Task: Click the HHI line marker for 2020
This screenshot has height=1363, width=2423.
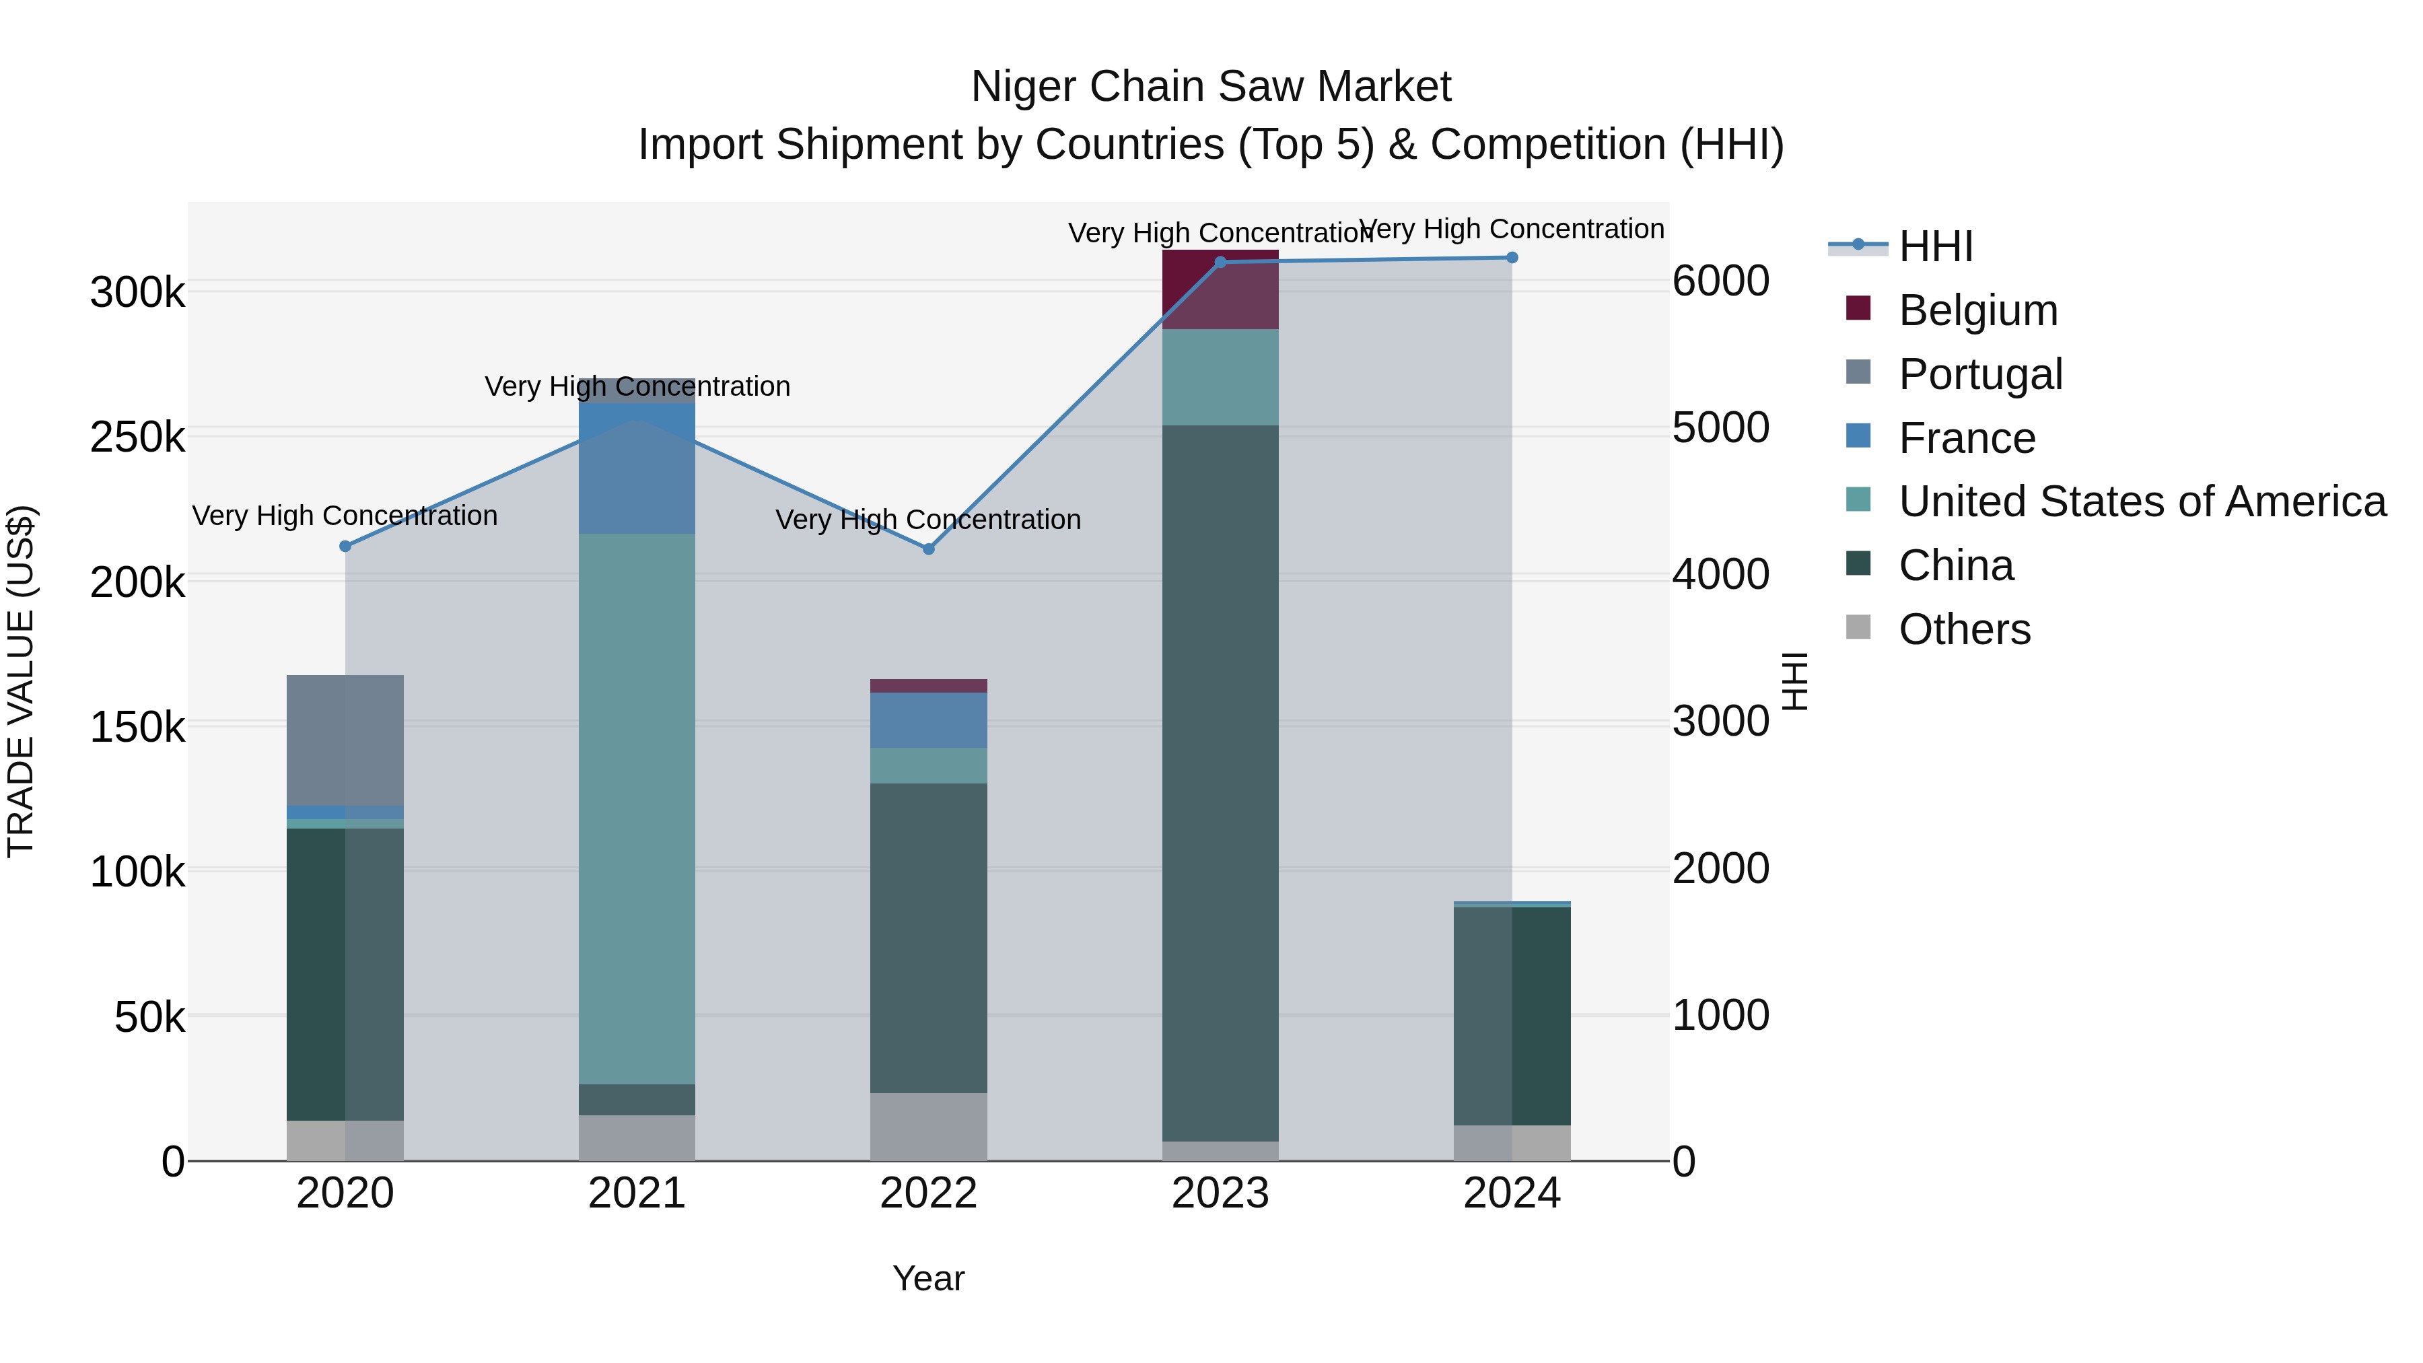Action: (x=345, y=547)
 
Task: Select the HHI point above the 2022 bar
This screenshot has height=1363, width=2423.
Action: (x=928, y=549)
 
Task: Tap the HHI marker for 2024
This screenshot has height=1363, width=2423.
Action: (x=1512, y=258)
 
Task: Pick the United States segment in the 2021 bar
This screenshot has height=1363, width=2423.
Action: (x=637, y=809)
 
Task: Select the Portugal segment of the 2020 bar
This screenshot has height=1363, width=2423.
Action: (x=345, y=740)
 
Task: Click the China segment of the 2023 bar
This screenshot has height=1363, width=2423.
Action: (x=1220, y=783)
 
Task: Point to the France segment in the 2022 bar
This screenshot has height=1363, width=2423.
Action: (x=928, y=720)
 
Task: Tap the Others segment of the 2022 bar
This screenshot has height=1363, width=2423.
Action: (x=928, y=1126)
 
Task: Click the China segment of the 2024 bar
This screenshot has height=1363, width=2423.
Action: (x=1512, y=1016)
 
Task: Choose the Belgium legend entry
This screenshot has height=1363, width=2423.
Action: (x=1977, y=310)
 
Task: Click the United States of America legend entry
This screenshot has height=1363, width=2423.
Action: (x=2142, y=501)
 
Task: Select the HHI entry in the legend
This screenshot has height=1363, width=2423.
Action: (x=1935, y=246)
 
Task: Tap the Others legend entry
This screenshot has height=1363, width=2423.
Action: (x=1964, y=629)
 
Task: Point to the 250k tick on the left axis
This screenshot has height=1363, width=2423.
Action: (x=137, y=438)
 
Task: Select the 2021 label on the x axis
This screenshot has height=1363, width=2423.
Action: (x=637, y=1193)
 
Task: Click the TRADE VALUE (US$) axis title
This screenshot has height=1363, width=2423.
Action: (x=21, y=681)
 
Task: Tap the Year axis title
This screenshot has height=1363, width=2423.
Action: (x=928, y=1278)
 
